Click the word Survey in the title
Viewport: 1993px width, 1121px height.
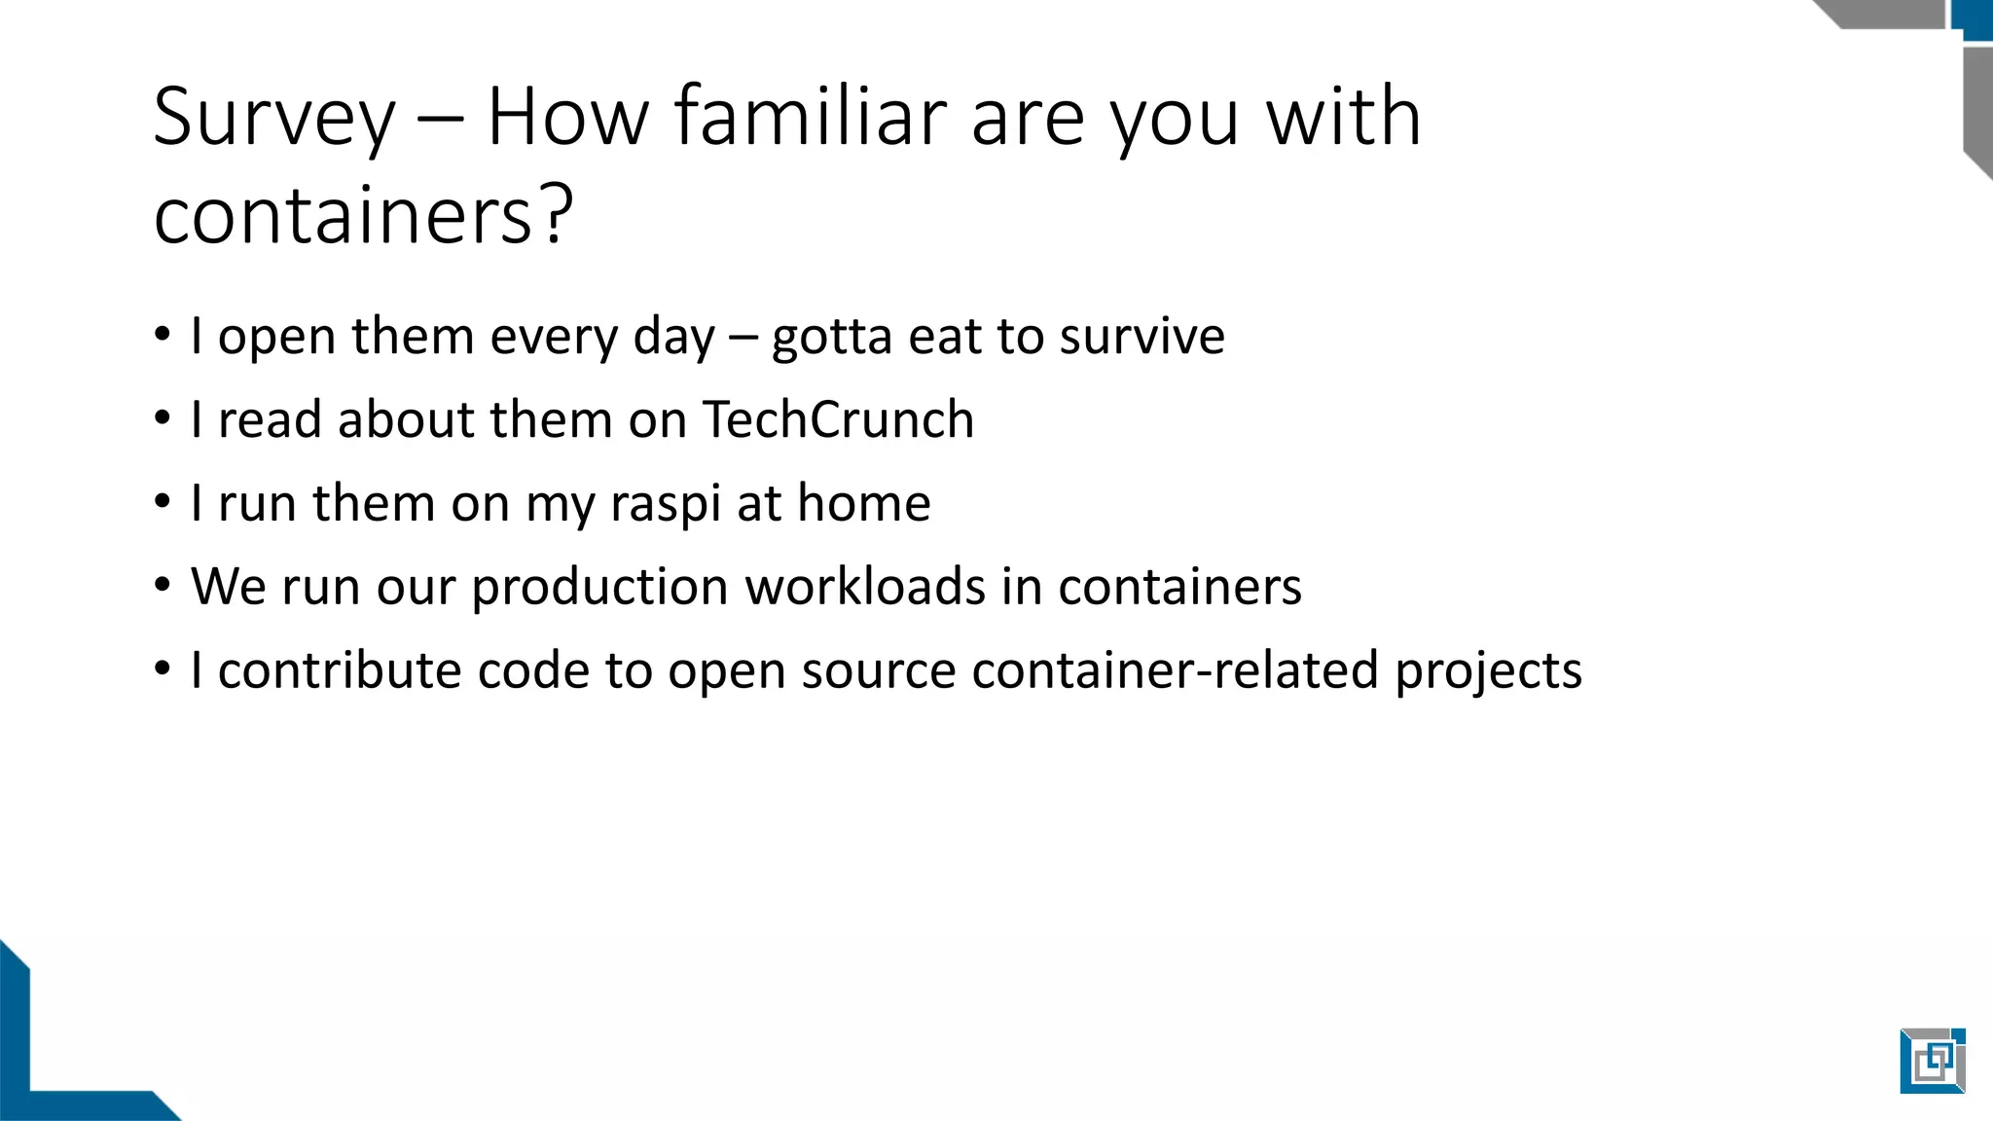pos(274,119)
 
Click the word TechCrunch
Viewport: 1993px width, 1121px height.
pos(838,419)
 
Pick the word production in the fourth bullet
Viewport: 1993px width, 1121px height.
pos(599,588)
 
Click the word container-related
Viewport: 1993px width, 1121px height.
pos(1175,670)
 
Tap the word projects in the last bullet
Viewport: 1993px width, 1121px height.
pos(1489,671)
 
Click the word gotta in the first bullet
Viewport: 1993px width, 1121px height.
pos(831,338)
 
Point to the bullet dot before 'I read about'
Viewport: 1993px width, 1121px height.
pos(163,418)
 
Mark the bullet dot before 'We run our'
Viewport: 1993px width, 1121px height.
pos(163,586)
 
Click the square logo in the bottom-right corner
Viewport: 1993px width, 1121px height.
pos(1932,1060)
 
